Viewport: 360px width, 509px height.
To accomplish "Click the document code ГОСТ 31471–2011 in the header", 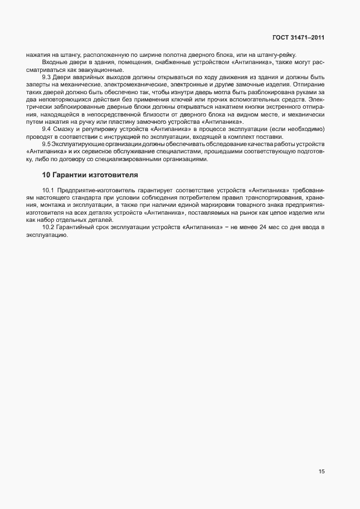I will [x=298, y=37].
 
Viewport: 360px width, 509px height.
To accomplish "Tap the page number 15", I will [x=322, y=471].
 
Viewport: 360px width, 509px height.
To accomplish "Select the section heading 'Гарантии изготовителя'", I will [x=89, y=175].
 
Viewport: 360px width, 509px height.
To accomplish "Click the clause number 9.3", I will [x=47, y=76].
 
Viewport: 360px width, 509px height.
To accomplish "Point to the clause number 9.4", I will [x=47, y=129].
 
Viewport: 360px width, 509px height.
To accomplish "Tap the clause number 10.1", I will [x=48, y=191].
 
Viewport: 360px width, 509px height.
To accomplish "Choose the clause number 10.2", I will [x=48, y=227].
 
